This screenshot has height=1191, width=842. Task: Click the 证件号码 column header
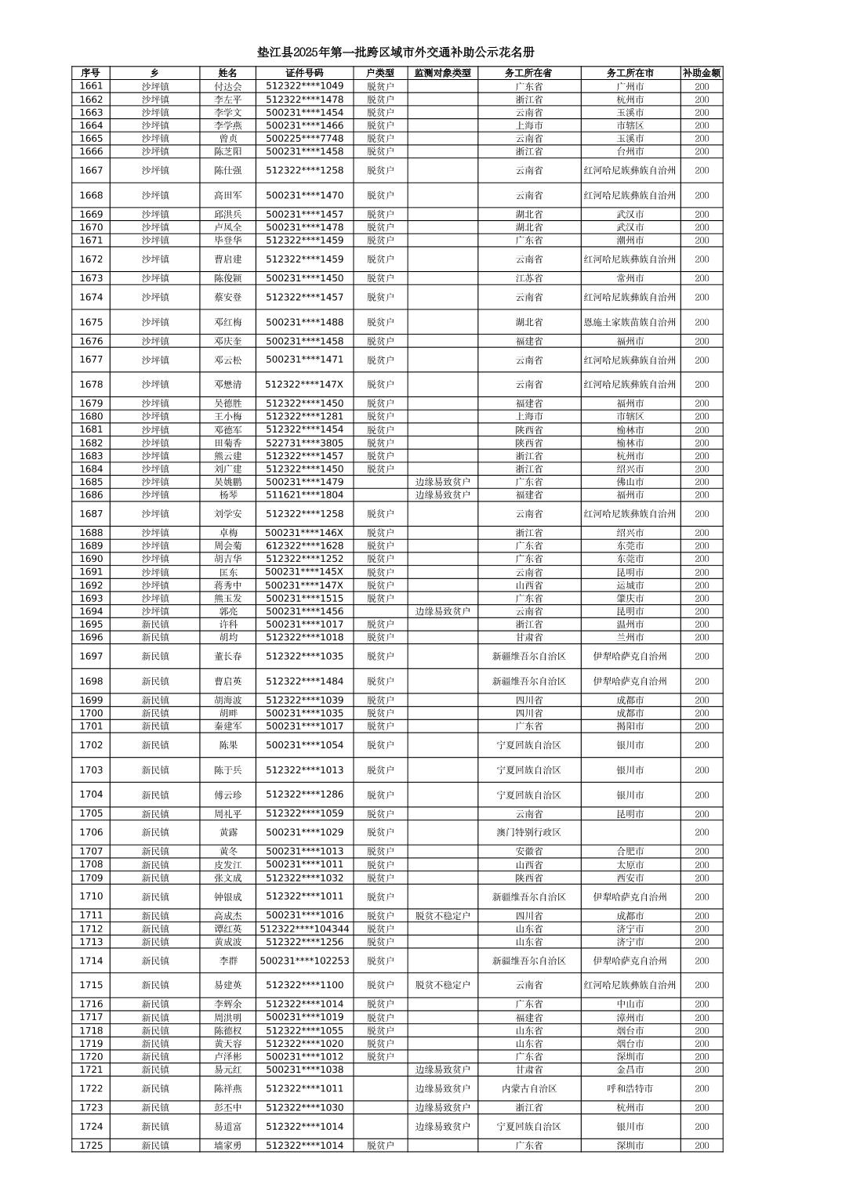coord(304,73)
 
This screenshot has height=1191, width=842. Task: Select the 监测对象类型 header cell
coord(442,73)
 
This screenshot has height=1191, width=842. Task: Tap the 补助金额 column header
coord(701,73)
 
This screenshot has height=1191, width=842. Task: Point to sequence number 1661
coord(91,86)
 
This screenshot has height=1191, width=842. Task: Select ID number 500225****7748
coord(304,139)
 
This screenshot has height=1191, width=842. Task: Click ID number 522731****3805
coord(304,443)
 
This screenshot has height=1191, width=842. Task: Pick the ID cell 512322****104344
coord(304,929)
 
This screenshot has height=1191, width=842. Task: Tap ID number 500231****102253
coord(304,961)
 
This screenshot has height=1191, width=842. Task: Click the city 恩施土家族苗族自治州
coord(630,322)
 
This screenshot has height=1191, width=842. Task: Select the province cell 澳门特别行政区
coord(528,832)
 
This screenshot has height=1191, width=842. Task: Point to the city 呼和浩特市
coord(630,1088)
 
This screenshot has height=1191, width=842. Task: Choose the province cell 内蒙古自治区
coord(528,1088)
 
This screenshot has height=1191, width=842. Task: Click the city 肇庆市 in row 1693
coord(630,599)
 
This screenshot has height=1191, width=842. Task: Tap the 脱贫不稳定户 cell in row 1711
coord(442,916)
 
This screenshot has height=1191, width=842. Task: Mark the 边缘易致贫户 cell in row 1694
coord(442,611)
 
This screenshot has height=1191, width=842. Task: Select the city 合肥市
coord(630,852)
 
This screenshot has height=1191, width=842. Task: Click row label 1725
coord(91,1146)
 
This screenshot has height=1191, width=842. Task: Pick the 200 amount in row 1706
coord(701,832)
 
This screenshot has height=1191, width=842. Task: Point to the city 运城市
coord(630,585)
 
